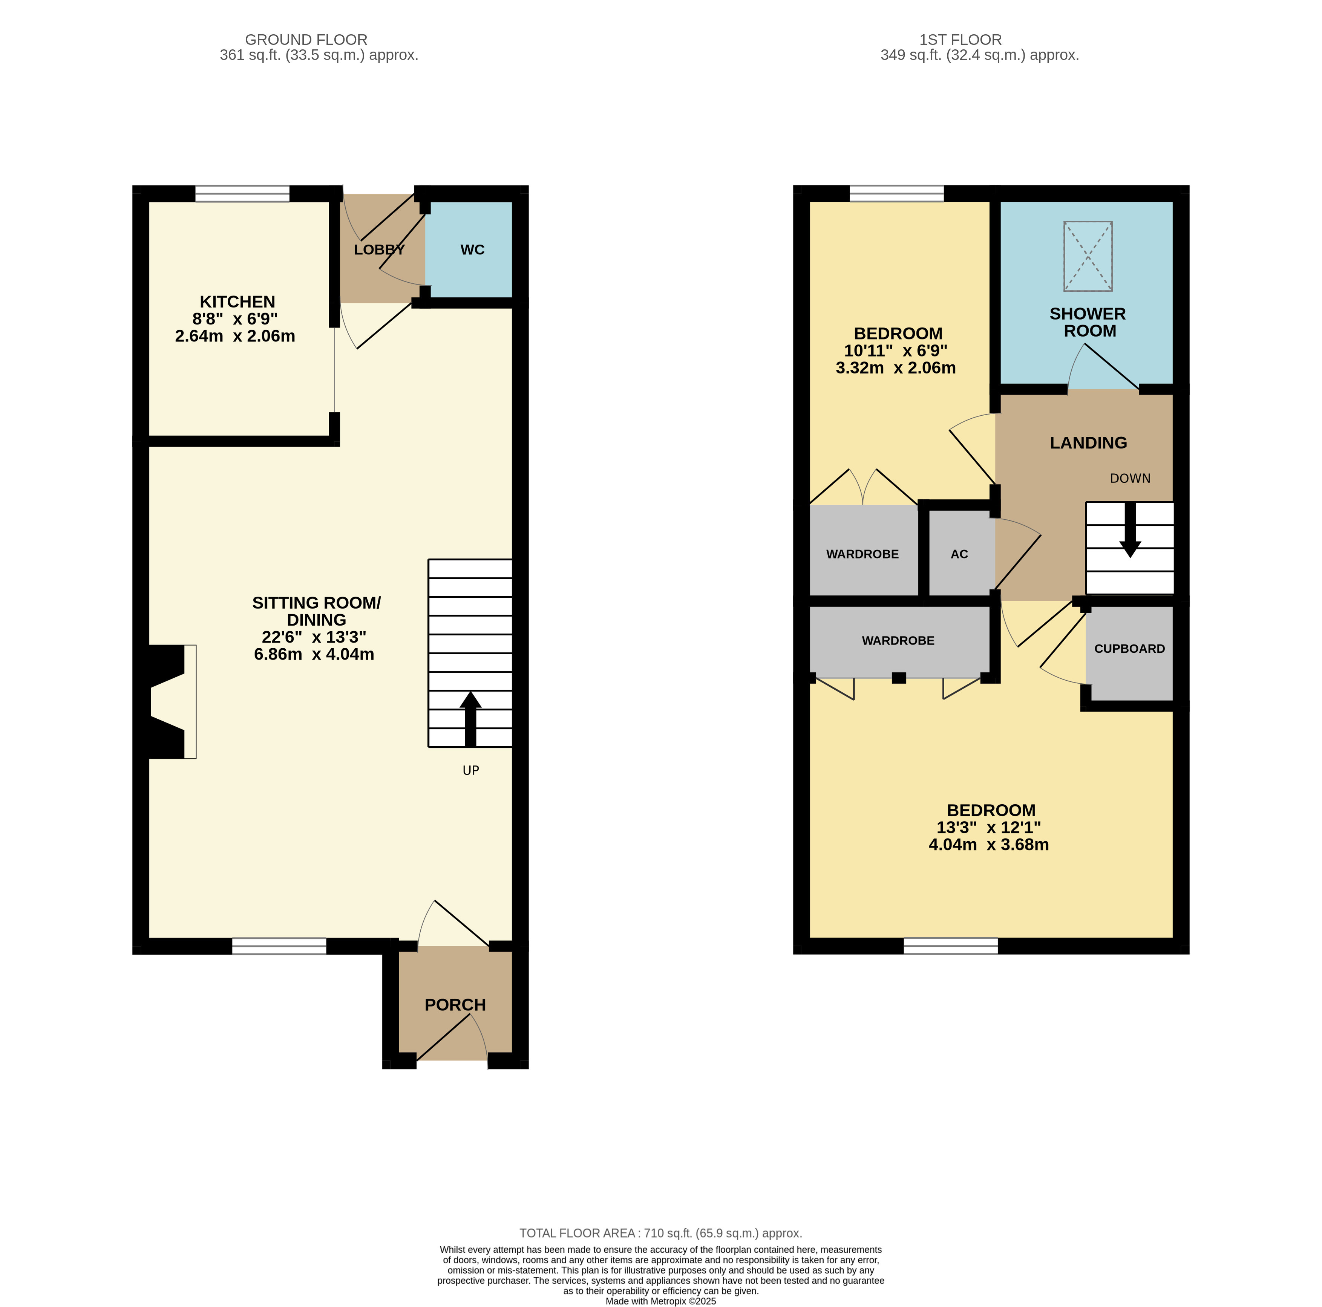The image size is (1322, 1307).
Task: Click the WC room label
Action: (x=472, y=249)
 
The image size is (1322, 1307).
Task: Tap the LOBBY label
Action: (x=379, y=249)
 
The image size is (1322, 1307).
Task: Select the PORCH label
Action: (x=455, y=1005)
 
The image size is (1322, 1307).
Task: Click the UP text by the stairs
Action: (x=471, y=770)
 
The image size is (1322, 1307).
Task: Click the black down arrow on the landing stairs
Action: (x=1130, y=530)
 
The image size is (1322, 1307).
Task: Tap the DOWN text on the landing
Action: (x=1130, y=478)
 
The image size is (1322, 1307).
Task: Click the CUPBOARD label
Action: (x=1129, y=648)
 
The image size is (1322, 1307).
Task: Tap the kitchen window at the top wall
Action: (x=242, y=194)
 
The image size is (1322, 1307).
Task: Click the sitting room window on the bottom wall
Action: (x=279, y=946)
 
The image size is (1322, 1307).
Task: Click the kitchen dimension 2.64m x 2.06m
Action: (x=235, y=336)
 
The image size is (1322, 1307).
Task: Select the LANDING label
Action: (x=1088, y=442)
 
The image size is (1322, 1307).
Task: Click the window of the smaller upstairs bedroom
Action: (x=896, y=194)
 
